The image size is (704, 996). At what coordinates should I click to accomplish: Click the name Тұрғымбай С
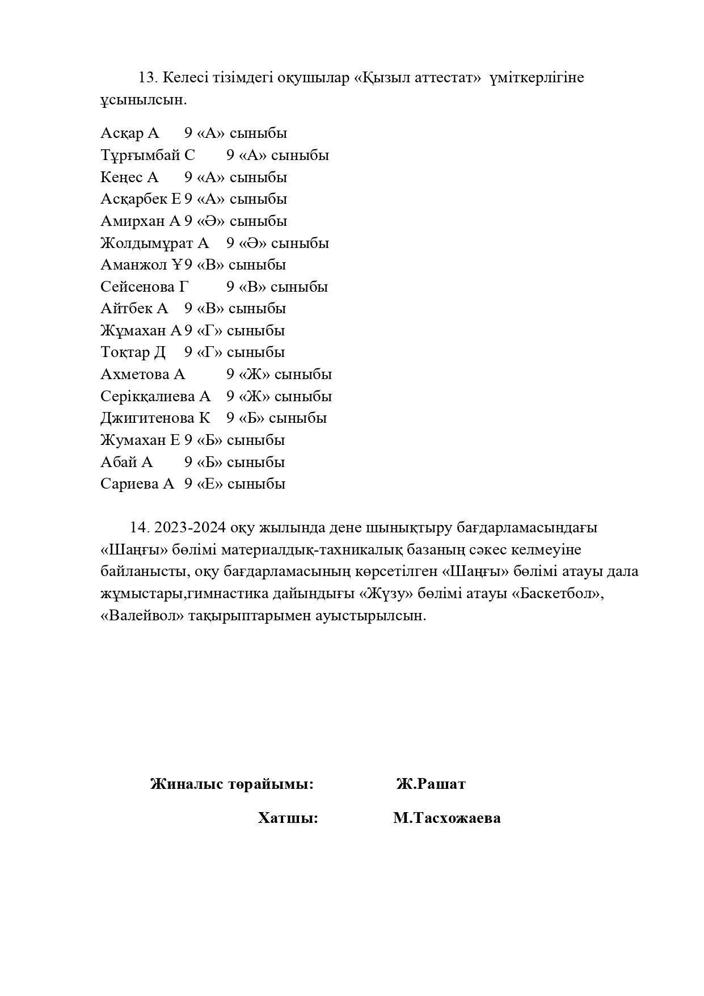(147, 155)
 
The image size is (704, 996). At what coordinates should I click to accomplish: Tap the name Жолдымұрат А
(154, 243)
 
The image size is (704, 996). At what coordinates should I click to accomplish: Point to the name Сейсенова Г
(144, 287)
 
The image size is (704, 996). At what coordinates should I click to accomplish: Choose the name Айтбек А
(134, 308)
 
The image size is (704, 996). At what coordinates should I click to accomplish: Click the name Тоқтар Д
(133, 352)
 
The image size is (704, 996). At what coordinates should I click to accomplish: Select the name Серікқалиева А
(155, 396)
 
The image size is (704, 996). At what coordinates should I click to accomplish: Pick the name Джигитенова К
(155, 418)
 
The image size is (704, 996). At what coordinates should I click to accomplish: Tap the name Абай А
(127, 462)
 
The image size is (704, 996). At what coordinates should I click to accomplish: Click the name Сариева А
(137, 484)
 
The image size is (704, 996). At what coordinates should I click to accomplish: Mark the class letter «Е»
(210, 484)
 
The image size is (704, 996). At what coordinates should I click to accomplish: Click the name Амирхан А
(140, 221)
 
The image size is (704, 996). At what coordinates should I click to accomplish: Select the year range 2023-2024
(190, 527)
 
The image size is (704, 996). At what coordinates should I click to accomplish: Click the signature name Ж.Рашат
(431, 784)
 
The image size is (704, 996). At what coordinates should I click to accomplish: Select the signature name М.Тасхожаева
(446, 818)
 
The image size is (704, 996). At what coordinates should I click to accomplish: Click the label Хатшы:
(288, 818)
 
